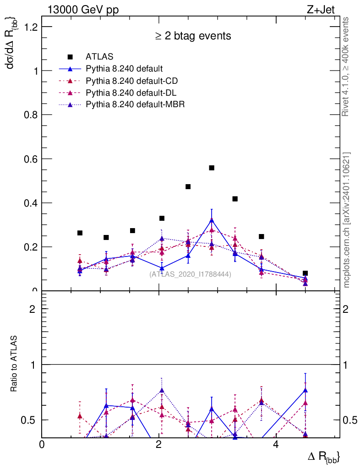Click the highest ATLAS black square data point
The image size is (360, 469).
point(212,168)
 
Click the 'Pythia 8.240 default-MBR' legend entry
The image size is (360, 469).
point(135,104)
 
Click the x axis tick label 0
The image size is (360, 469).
point(42,445)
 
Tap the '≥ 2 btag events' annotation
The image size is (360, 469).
point(193,36)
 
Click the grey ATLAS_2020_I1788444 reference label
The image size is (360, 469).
point(190,274)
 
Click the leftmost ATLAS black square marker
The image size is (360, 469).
point(80,233)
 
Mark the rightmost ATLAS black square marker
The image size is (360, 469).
point(305,273)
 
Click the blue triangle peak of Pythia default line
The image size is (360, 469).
point(212,220)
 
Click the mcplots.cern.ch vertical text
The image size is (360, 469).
point(347,220)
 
